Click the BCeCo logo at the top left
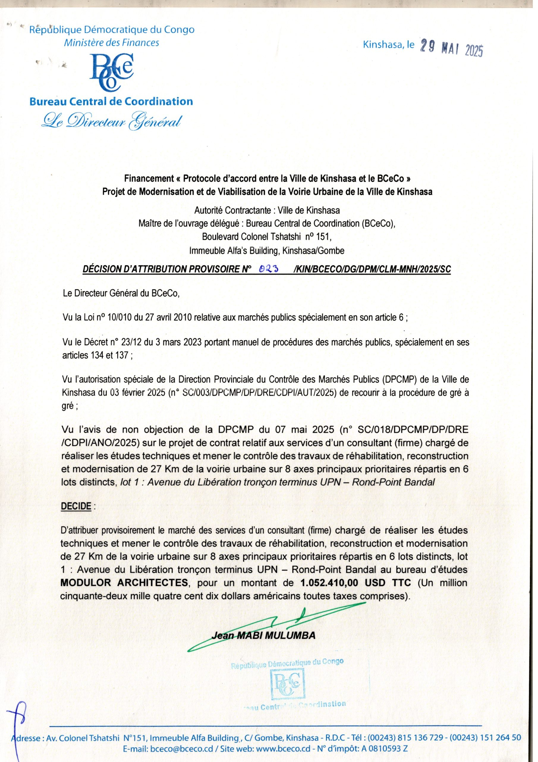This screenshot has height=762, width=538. pyautogui.click(x=111, y=72)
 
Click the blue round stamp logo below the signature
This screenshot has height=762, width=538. pyautogui.click(x=287, y=679)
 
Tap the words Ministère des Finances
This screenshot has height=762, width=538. pyautogui.click(x=111, y=43)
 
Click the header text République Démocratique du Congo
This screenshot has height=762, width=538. pyautogui.click(x=112, y=30)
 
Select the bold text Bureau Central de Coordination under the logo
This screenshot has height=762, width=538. pyautogui.click(x=111, y=102)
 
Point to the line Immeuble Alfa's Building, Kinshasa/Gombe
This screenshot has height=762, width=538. pyautogui.click(x=267, y=251)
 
